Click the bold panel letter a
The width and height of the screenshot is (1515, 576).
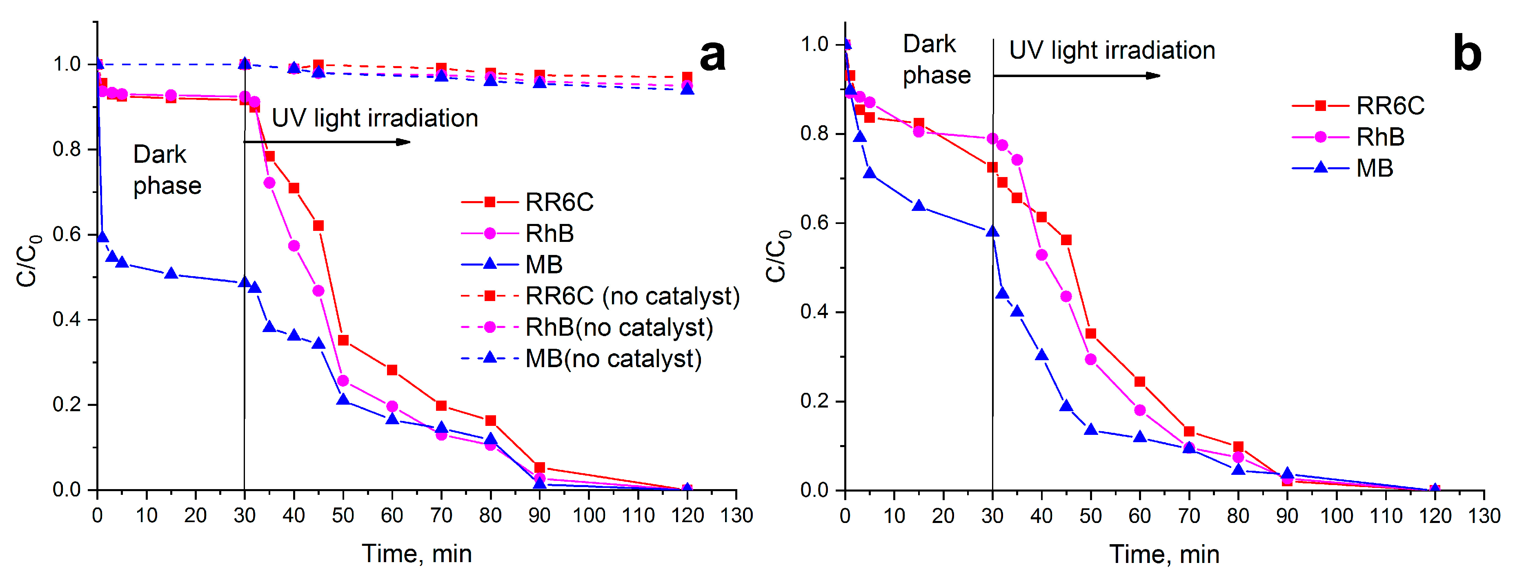(x=712, y=56)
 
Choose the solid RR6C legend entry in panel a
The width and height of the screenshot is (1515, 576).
(x=527, y=202)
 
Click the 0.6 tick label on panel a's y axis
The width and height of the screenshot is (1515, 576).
(x=67, y=235)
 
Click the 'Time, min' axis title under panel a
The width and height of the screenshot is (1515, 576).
(x=417, y=554)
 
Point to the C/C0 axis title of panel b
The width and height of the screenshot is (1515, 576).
(x=777, y=256)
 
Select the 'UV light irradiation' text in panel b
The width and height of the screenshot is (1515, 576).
(x=1112, y=51)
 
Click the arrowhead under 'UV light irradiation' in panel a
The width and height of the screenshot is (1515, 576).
(x=403, y=142)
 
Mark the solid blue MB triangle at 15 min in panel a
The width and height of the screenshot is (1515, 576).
(x=171, y=273)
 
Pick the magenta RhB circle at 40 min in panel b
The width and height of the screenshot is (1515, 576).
(x=1041, y=255)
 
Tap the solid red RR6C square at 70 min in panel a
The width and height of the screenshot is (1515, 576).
(x=441, y=405)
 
